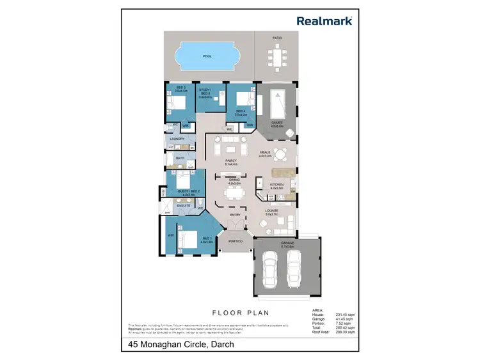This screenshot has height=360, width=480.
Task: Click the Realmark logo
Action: (x=324, y=20)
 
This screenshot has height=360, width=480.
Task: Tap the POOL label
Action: (x=207, y=56)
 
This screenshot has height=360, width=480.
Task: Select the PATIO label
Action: (x=277, y=38)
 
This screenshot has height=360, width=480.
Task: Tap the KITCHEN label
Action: (x=276, y=184)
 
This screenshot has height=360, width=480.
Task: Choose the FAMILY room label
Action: (x=230, y=160)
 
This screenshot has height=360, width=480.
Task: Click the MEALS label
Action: (x=266, y=152)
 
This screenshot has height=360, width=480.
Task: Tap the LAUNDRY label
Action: (x=177, y=139)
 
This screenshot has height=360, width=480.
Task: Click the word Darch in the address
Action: (x=220, y=345)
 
